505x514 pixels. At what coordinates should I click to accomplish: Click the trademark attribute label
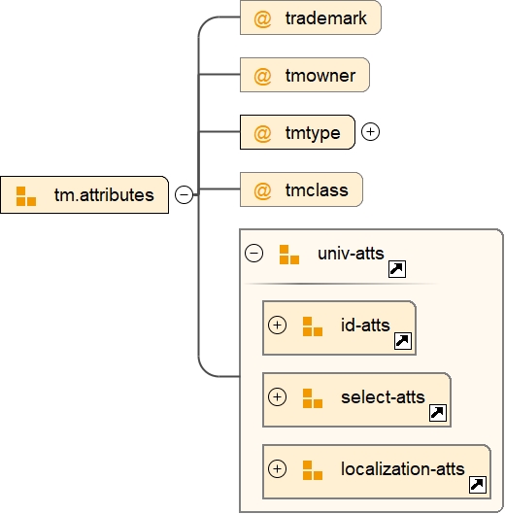326,18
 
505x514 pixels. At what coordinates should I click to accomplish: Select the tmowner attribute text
320,75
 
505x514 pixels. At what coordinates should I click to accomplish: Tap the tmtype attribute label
313,132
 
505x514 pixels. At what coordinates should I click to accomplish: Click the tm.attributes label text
104,195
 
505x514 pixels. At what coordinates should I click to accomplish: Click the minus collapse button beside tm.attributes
184,195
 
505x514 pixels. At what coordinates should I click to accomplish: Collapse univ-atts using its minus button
254,254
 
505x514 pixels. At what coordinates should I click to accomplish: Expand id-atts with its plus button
278,326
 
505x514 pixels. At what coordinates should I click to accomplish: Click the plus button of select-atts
278,396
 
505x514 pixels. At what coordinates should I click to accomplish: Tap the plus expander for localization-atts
278,468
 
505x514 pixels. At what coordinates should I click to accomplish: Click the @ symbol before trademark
262,18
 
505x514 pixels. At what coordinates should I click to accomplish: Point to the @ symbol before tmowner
262,75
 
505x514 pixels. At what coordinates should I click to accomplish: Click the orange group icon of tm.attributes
26,195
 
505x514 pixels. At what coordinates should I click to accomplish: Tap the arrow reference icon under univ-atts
396,269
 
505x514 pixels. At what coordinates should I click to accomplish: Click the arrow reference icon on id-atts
403,341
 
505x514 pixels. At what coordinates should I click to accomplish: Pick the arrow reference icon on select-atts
438,413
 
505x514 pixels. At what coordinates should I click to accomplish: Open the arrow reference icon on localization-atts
478,485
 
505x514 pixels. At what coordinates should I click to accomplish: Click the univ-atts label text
351,254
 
